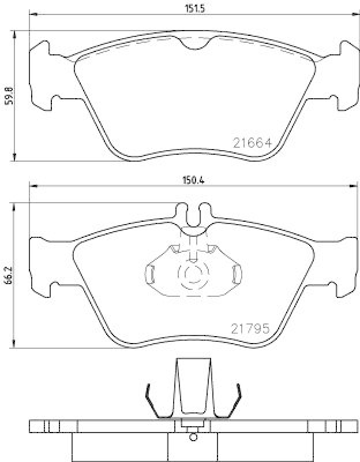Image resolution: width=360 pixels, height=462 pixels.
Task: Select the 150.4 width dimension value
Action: (x=190, y=179)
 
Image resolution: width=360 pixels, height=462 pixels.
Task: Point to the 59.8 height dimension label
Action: (x=8, y=96)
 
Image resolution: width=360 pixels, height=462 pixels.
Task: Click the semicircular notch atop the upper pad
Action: (x=196, y=44)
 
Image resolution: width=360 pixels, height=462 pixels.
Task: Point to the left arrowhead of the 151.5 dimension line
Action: (x=33, y=14)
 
